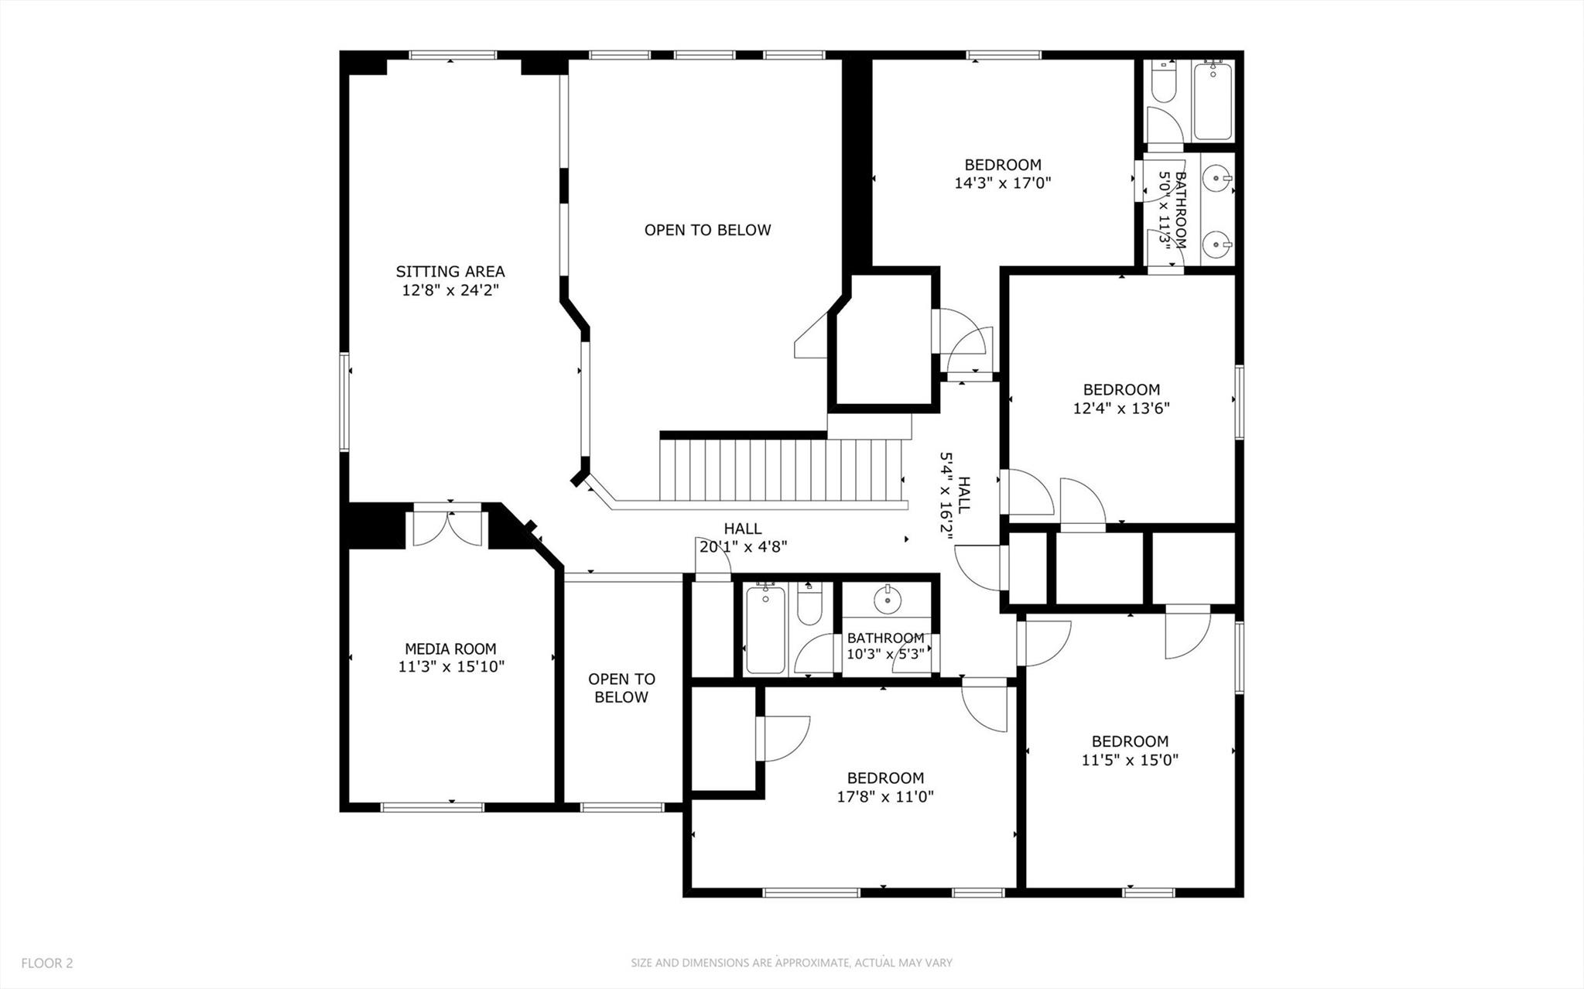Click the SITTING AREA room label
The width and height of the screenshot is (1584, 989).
[x=450, y=272]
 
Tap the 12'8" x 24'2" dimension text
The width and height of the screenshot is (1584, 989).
[x=450, y=290]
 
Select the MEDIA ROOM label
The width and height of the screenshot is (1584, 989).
[x=450, y=648]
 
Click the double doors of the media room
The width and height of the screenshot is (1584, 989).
[x=446, y=528]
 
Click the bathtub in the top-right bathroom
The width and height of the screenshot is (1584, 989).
[x=1212, y=101]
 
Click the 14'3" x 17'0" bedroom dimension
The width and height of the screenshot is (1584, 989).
[x=1002, y=183]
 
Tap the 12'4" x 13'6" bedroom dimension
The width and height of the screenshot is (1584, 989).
[x=1120, y=408]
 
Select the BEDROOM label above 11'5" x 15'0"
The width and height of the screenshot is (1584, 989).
[x=1129, y=741]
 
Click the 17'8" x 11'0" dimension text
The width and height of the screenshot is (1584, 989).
[x=885, y=796]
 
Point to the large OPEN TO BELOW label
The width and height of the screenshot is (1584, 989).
[x=707, y=230]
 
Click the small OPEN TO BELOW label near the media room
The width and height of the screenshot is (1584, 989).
[x=621, y=688]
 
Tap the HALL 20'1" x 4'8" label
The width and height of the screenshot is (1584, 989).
[x=743, y=538]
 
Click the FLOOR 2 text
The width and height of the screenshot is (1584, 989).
[x=47, y=963]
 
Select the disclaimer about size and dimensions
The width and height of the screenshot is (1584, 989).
[x=791, y=963]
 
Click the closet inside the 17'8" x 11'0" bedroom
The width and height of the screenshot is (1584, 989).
[x=723, y=739]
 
